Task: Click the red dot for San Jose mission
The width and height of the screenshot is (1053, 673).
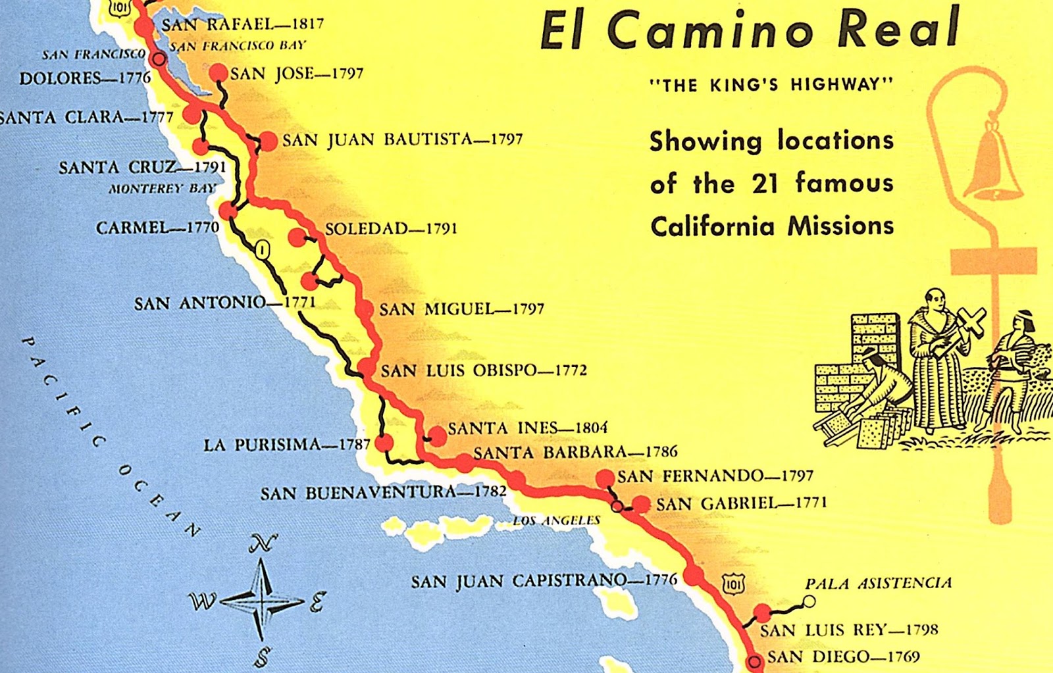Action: pyautogui.click(x=218, y=73)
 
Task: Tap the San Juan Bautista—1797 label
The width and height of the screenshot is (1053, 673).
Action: pyautogui.click(x=402, y=139)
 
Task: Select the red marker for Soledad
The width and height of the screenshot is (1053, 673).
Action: pyautogui.click(x=297, y=237)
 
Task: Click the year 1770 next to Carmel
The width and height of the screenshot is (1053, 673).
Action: pyautogui.click(x=203, y=228)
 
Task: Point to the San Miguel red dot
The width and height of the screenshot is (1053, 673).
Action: pyautogui.click(x=364, y=309)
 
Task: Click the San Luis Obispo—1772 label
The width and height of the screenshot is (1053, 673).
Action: pyautogui.click(x=483, y=370)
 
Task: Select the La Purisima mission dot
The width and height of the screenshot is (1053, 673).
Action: pyautogui.click(x=384, y=443)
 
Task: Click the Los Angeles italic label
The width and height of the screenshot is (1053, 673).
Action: pyautogui.click(x=556, y=520)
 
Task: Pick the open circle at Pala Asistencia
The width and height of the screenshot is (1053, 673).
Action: pyautogui.click(x=809, y=601)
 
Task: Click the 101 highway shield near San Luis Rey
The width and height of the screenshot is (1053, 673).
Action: pyautogui.click(x=734, y=583)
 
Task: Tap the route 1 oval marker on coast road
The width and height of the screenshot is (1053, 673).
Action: pyautogui.click(x=263, y=250)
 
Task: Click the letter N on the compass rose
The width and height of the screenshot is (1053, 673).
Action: pyautogui.click(x=263, y=544)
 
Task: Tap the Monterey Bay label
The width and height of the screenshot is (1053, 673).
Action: pyautogui.click(x=163, y=189)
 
